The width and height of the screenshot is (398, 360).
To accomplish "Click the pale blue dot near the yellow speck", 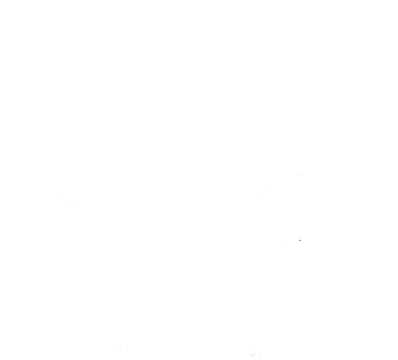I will tap(58, 196).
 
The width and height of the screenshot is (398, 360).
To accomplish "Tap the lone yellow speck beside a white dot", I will tap(70, 202).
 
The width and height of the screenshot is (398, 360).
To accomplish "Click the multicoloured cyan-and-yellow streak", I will tap(299, 239).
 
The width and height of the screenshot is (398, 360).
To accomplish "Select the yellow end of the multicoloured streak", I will tap(301, 240).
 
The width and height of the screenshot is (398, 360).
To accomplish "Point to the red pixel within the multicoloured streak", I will tap(300, 240).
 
